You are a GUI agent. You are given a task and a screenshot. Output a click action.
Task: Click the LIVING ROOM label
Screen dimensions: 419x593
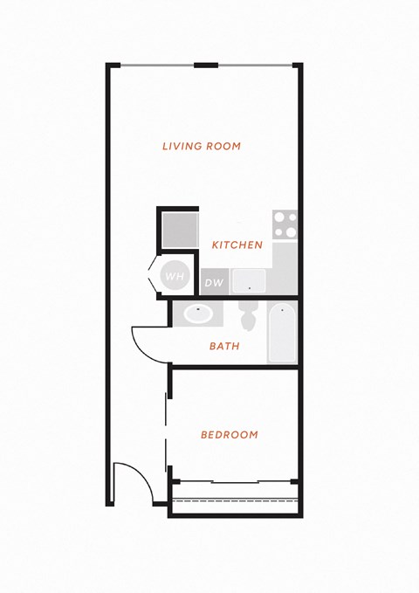[202, 146]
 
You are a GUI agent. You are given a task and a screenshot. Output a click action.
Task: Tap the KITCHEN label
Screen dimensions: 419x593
[237, 245]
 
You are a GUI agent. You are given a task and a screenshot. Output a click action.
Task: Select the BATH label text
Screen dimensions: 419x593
[224, 346]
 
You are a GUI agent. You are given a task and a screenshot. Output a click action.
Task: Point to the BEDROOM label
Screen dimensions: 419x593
[230, 435]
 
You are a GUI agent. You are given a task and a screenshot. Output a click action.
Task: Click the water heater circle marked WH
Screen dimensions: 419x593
[175, 276]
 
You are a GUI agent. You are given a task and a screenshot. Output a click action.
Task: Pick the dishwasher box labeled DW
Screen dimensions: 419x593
[215, 282]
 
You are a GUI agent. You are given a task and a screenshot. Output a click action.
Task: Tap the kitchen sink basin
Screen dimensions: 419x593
[249, 281]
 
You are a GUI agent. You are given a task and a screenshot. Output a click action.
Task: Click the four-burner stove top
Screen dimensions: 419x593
[285, 224]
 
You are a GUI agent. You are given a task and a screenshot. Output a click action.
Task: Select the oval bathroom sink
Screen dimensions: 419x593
[198, 314]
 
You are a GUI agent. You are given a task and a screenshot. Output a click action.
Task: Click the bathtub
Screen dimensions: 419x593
[282, 332]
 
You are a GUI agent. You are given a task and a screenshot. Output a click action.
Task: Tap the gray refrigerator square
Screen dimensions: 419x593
[181, 230]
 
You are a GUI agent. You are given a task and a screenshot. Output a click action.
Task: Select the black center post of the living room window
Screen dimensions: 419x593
[206, 65]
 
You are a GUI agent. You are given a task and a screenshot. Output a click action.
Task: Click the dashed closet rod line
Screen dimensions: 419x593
[235, 500]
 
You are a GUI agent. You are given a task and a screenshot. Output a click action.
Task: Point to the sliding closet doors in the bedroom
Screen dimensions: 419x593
[235, 481]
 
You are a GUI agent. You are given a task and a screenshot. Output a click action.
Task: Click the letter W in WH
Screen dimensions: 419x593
[170, 277]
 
